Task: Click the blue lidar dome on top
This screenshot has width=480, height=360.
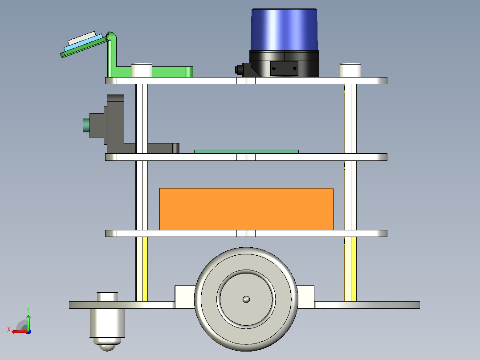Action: tap(284, 30)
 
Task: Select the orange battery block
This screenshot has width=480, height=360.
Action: tap(246, 209)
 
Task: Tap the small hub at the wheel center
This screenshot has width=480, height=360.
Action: tap(246, 299)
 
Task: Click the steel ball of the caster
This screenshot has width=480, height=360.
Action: tap(107, 347)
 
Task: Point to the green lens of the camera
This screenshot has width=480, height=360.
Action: tap(86, 126)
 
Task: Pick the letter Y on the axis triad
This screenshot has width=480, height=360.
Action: tap(28, 310)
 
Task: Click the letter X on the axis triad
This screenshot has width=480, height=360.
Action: tap(9, 329)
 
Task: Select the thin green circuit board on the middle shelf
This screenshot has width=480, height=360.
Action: tap(246, 151)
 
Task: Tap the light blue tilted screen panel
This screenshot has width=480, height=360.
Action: tap(83, 43)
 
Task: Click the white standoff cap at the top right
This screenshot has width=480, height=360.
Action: tap(350, 70)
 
